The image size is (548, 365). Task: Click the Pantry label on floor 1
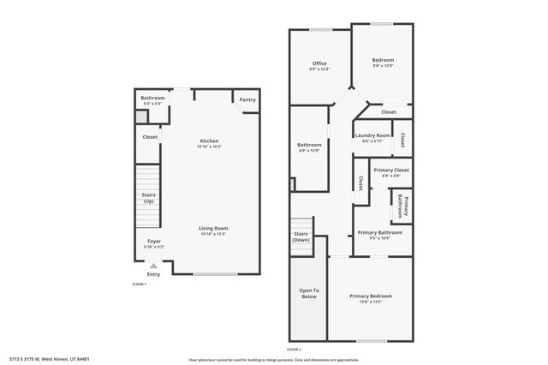(x=247, y=100)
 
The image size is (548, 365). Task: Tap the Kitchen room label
(x=210, y=141)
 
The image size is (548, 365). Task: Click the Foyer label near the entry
(x=154, y=242)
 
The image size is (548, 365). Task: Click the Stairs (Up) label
(x=148, y=198)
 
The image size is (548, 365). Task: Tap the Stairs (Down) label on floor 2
(x=301, y=236)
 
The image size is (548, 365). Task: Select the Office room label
(x=319, y=63)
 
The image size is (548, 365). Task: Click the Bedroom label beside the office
(x=382, y=60)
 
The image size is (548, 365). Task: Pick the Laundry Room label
(x=372, y=135)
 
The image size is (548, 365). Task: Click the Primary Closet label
(x=390, y=171)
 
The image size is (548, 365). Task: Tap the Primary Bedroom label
(x=371, y=296)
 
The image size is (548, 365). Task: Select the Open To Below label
(x=309, y=294)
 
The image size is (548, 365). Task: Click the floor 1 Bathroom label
(x=152, y=98)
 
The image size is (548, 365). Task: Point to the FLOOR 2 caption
(x=294, y=350)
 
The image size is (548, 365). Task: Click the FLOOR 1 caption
(x=139, y=284)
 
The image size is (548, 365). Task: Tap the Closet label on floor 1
(x=150, y=136)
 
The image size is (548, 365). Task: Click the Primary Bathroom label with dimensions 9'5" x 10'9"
(x=379, y=233)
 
